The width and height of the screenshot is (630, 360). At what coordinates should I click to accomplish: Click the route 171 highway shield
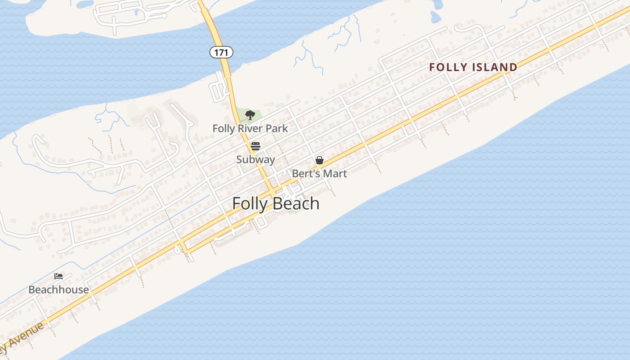(x=221, y=53)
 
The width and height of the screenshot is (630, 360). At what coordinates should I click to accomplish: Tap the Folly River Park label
(x=250, y=129)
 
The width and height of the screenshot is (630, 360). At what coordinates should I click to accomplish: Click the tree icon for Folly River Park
(x=250, y=115)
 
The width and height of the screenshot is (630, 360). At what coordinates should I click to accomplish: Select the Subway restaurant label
(x=256, y=159)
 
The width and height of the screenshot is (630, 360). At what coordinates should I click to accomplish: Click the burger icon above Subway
(x=256, y=146)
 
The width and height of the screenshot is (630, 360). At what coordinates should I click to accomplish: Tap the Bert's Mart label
(x=319, y=174)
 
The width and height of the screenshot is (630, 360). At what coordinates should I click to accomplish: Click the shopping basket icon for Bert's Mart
(x=319, y=160)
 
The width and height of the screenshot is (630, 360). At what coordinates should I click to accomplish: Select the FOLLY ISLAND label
(x=473, y=67)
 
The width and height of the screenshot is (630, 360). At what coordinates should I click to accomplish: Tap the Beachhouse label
(x=58, y=290)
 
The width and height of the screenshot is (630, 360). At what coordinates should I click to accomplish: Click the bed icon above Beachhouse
(x=58, y=276)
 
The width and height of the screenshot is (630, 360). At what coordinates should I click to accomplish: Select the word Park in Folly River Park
(x=277, y=129)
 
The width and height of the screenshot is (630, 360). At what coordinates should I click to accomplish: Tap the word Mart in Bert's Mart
(x=335, y=174)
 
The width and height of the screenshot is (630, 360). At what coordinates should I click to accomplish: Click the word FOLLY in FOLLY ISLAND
(x=448, y=67)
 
